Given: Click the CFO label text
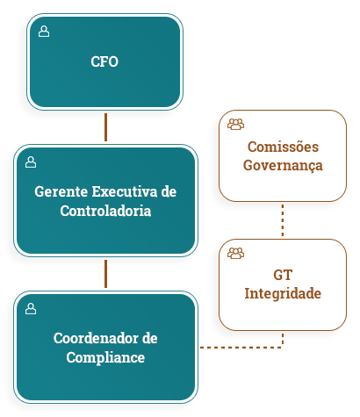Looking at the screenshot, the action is click(x=104, y=61).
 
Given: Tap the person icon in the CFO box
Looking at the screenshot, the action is click(x=44, y=32).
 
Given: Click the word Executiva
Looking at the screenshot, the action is click(x=125, y=191).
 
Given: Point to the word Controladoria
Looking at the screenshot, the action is click(x=105, y=211).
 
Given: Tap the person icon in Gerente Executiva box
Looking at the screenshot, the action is click(x=31, y=162).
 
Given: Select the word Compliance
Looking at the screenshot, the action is click(x=105, y=358).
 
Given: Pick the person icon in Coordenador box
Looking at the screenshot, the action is click(x=31, y=309).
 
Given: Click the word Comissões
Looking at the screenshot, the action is click(x=283, y=147).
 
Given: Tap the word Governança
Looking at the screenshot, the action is click(x=283, y=166).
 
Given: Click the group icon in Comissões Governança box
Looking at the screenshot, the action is click(x=235, y=124).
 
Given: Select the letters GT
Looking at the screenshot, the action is click(x=283, y=276).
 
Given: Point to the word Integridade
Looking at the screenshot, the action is click(x=283, y=294).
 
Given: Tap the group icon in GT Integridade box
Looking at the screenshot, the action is click(x=235, y=253).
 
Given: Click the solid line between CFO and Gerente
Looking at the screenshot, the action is click(x=105, y=127).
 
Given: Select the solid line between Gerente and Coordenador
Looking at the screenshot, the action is click(x=105, y=274).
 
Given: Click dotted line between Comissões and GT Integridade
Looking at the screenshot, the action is click(x=283, y=220).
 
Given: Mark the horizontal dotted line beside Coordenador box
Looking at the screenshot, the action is click(x=241, y=348).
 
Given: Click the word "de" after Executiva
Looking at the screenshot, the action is click(x=169, y=191).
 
